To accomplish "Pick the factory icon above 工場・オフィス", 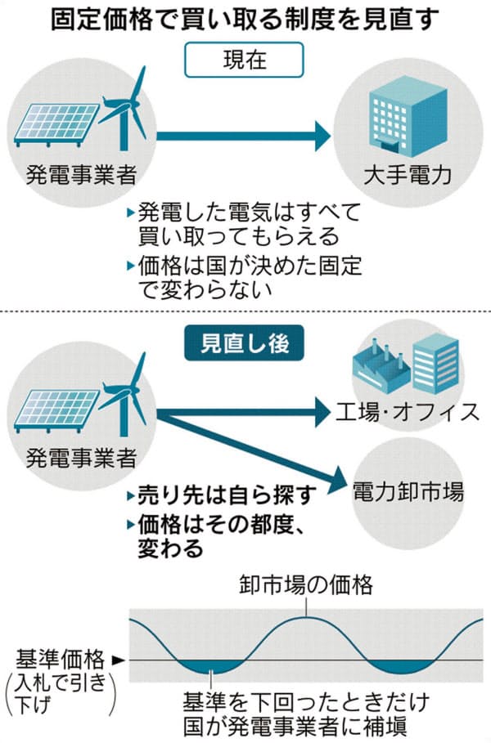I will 378,372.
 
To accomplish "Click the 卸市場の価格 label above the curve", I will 306,586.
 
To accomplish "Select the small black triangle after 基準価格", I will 116,659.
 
